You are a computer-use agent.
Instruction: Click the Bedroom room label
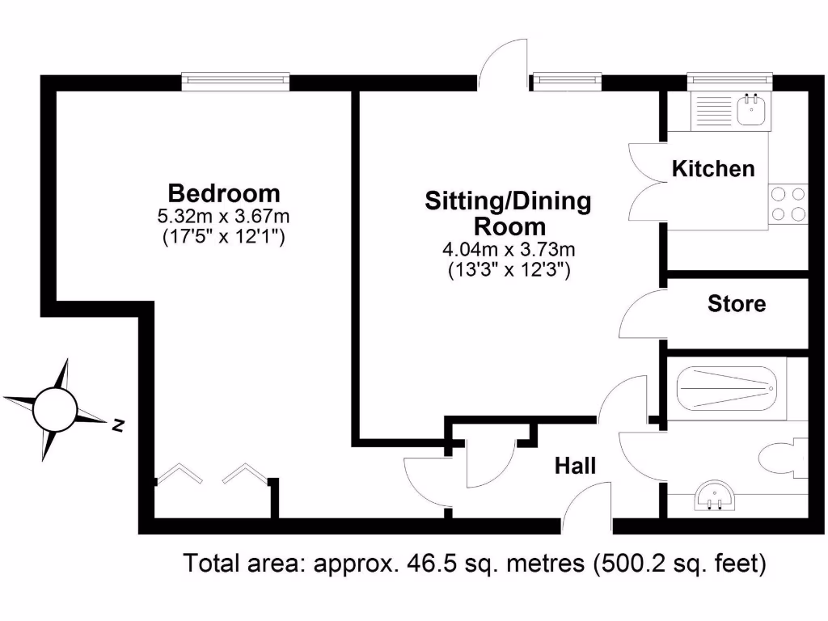point(224,193)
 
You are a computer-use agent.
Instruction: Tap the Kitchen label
point(714,169)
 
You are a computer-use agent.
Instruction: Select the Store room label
point(736,304)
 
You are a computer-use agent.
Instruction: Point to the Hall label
point(575,466)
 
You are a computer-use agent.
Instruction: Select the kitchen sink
point(751,109)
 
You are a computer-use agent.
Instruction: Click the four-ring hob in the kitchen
point(788,204)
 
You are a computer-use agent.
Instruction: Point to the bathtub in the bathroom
point(731,391)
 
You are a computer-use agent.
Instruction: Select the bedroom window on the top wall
point(235,80)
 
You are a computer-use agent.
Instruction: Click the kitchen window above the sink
point(729,80)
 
